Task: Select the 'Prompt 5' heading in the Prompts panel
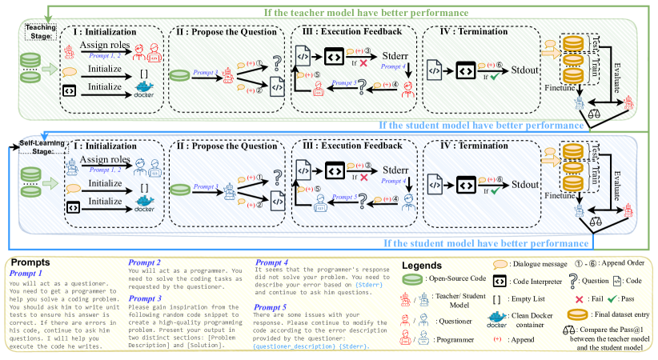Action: pos(271,307)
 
